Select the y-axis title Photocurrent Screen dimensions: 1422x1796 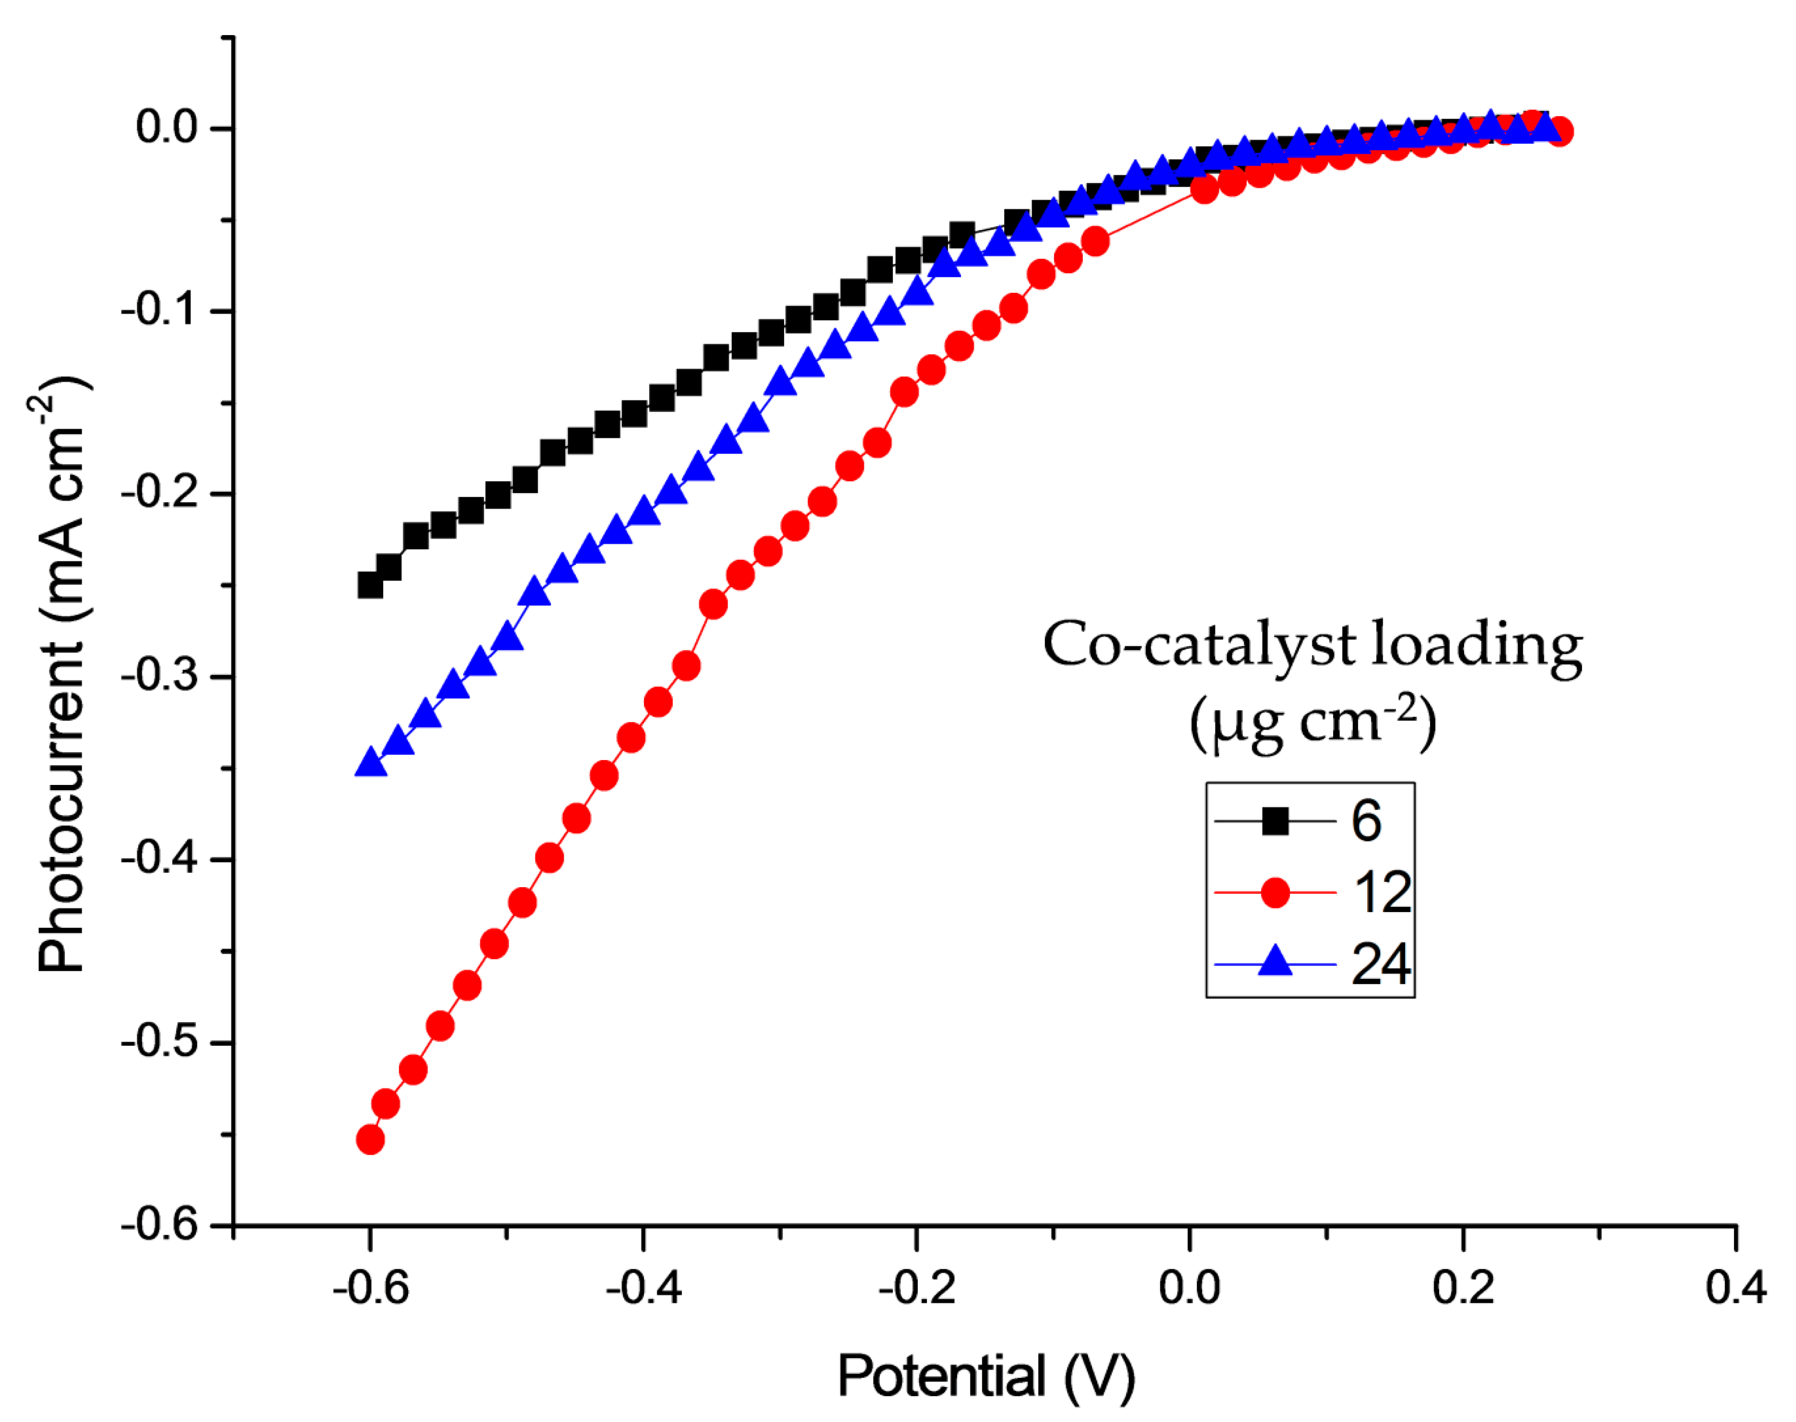coord(62,675)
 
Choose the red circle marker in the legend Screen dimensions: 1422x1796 coord(1275,892)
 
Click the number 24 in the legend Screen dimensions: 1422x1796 coord(1380,964)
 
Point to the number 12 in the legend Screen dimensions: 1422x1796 coord(1382,892)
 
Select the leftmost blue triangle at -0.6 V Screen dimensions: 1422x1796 coord(371,763)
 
